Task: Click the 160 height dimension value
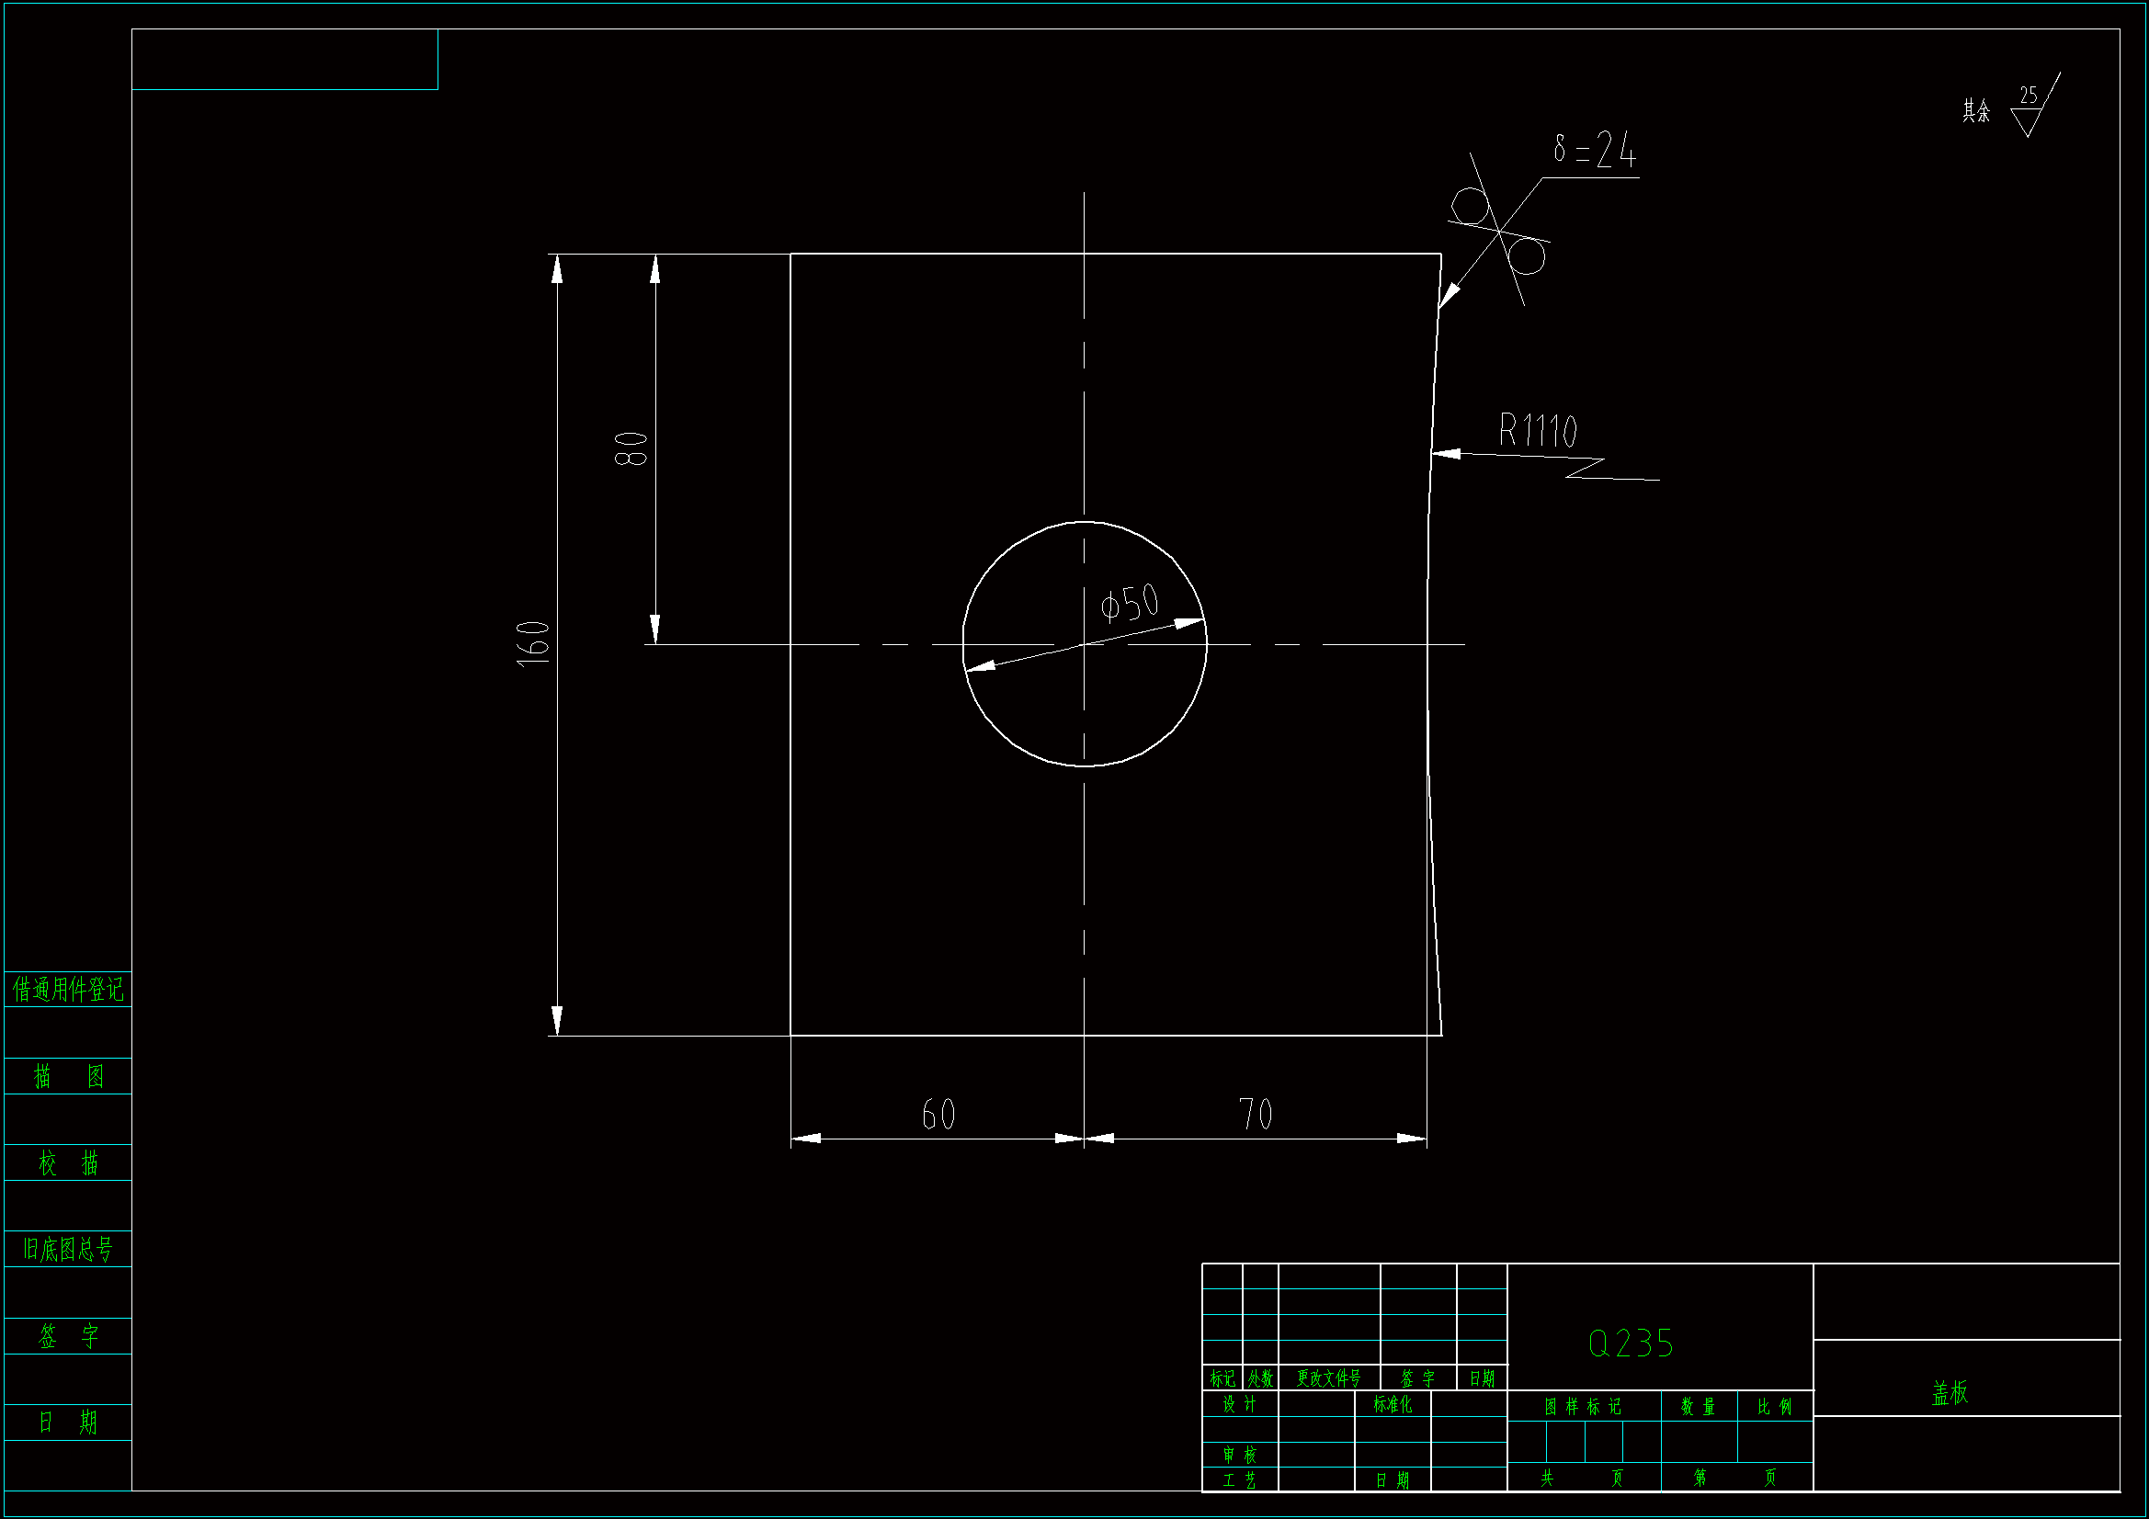[533, 643]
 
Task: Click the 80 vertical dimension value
[631, 449]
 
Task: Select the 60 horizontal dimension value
[938, 1115]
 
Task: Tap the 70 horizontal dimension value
[1256, 1115]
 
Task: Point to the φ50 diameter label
[1130, 604]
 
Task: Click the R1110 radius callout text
[1538, 432]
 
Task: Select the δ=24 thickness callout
[1594, 150]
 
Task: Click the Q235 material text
[1631, 1344]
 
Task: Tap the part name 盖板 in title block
[1950, 1394]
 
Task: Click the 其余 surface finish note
[1976, 111]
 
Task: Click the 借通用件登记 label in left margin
[67, 990]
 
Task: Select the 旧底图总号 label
[67, 1250]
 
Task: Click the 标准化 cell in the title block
[1393, 1405]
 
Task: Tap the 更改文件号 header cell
[1328, 1378]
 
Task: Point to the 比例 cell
[1775, 1407]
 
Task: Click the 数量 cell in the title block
[1698, 1407]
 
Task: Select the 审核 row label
[1239, 1456]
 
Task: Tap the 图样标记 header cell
[1583, 1407]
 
